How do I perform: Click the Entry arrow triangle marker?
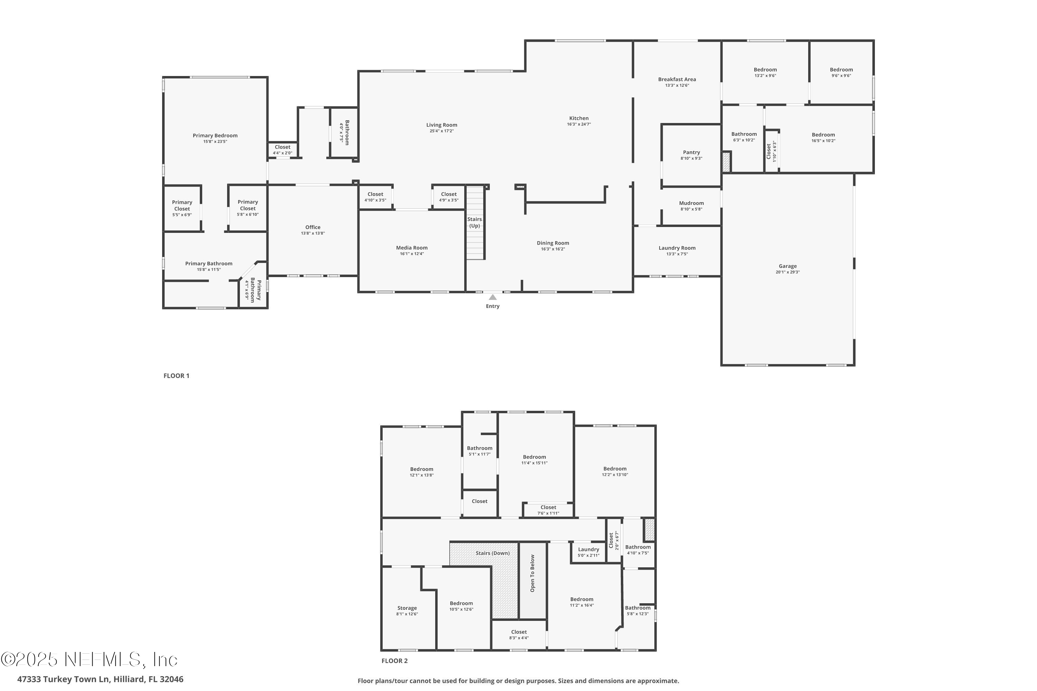click(x=493, y=297)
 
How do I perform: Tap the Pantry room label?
click(x=691, y=152)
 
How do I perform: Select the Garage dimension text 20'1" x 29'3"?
click(x=787, y=272)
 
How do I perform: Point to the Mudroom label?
click(x=691, y=203)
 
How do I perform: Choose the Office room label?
click(x=312, y=227)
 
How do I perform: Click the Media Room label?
click(x=411, y=248)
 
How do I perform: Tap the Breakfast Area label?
click(x=677, y=79)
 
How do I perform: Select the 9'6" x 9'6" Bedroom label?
click(x=841, y=70)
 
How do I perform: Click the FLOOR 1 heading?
click(x=176, y=376)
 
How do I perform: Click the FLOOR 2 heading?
click(x=394, y=661)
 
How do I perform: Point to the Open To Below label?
click(x=532, y=573)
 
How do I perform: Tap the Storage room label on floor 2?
click(x=407, y=608)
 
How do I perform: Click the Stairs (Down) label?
click(x=493, y=553)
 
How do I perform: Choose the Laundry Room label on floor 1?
click(x=677, y=248)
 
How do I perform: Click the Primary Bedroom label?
click(x=215, y=136)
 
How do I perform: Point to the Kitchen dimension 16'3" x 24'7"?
click(x=578, y=124)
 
